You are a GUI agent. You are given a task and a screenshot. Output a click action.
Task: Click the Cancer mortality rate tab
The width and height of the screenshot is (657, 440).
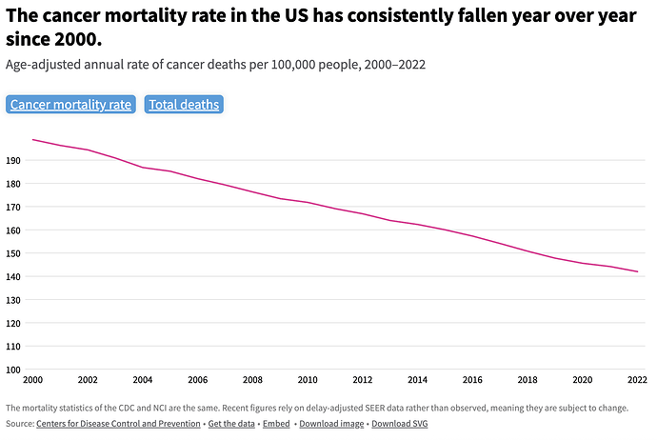coord(71,105)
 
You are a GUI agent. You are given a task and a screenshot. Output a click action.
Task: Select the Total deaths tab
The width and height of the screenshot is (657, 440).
coord(184,105)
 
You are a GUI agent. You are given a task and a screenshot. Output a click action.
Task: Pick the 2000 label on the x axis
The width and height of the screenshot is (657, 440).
coord(33,380)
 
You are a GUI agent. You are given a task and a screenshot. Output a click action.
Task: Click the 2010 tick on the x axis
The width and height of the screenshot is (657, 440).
coord(308,380)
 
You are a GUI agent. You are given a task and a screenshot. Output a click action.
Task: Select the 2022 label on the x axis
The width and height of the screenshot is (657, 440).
coord(636,380)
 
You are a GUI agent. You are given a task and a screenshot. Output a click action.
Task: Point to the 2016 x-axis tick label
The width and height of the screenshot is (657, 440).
coord(472,380)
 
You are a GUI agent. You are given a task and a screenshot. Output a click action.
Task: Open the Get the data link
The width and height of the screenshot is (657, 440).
coord(231,424)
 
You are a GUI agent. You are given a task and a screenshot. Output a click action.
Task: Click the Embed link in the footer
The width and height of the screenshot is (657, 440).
coord(276,424)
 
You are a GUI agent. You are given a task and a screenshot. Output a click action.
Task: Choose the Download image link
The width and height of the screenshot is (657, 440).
coord(331,424)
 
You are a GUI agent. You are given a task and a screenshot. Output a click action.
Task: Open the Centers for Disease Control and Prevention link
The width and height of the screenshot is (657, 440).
coord(118,424)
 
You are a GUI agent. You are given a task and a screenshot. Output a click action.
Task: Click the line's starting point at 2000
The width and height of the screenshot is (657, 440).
coord(33,140)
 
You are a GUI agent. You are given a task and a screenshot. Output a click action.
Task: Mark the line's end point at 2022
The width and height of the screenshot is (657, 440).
coord(637,271)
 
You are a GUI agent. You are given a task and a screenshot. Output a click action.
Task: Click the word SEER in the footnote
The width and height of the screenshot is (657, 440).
coord(390,408)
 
